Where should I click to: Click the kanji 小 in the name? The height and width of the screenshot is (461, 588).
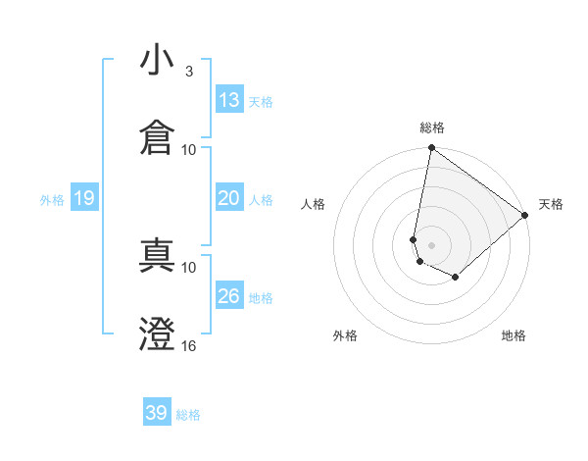[157, 62]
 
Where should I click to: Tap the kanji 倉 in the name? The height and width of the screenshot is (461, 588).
[157, 136]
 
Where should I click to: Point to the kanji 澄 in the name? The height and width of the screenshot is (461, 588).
[157, 333]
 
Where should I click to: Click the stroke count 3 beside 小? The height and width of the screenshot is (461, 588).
[188, 72]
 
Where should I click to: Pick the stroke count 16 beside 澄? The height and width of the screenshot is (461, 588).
[188, 345]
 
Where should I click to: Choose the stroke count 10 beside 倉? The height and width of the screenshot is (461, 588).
[188, 149]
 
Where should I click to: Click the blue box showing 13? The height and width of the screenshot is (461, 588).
[228, 100]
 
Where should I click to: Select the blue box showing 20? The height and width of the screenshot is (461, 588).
[228, 198]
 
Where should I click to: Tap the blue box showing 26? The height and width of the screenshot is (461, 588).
[228, 296]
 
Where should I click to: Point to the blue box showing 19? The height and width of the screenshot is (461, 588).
[83, 199]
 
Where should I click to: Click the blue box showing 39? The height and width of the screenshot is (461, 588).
[156, 413]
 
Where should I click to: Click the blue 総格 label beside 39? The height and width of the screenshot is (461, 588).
[188, 415]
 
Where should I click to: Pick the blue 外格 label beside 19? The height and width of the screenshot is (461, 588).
[52, 200]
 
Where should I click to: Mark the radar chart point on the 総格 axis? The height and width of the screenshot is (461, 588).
[431, 149]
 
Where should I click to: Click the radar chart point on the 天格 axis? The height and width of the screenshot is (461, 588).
[525, 217]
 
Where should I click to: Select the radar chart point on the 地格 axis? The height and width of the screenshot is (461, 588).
[456, 278]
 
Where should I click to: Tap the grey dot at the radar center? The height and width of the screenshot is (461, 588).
[431, 244]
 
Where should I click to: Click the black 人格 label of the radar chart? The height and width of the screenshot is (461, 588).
[314, 204]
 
